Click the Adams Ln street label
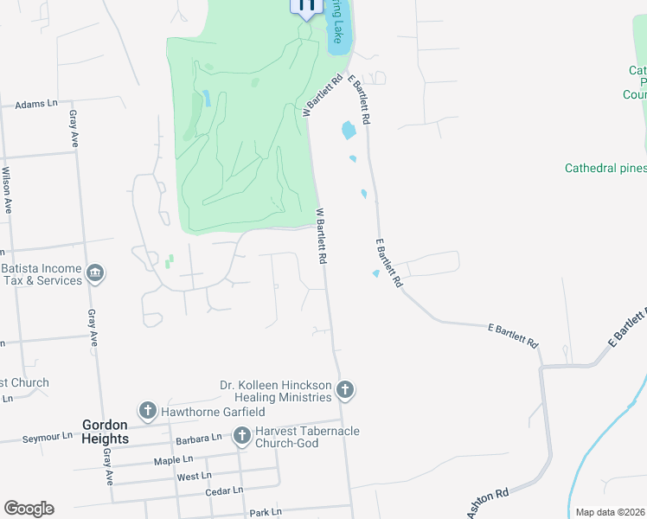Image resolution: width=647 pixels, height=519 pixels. (x=35, y=104)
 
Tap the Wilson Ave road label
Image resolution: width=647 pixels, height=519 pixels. (x=7, y=190)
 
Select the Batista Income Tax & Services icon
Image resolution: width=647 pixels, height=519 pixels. (x=95, y=274)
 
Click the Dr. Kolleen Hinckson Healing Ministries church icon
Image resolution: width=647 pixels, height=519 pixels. (x=344, y=390)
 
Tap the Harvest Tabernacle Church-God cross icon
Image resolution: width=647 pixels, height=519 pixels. (x=241, y=437)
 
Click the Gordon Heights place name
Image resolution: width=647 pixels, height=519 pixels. (x=106, y=432)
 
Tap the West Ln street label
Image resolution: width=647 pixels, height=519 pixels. (x=194, y=476)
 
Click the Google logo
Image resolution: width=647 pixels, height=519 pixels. (x=29, y=509)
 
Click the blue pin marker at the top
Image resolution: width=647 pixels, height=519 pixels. (x=306, y=7)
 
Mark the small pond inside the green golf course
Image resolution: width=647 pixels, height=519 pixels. (x=206, y=97)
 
